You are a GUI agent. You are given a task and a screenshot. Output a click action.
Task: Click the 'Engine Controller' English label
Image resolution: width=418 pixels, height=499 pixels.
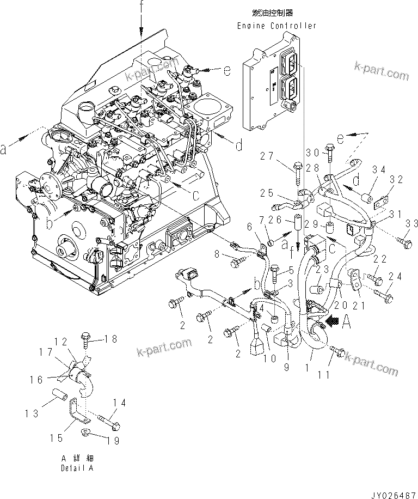[x=276, y=26]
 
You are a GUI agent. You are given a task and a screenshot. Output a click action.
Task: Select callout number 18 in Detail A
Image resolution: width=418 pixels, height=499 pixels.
[x=110, y=339]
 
